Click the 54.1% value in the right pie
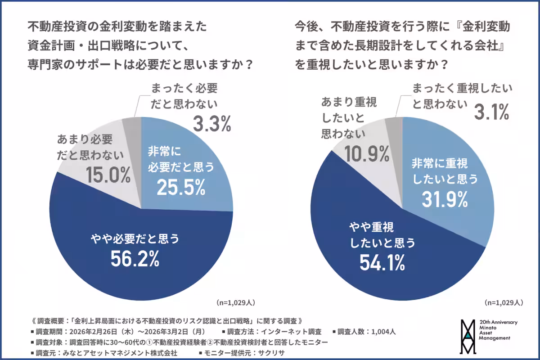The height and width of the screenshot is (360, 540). pos(382,262)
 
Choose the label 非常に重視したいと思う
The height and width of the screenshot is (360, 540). pos(444,171)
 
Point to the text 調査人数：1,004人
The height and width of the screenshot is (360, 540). pos(367,332)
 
